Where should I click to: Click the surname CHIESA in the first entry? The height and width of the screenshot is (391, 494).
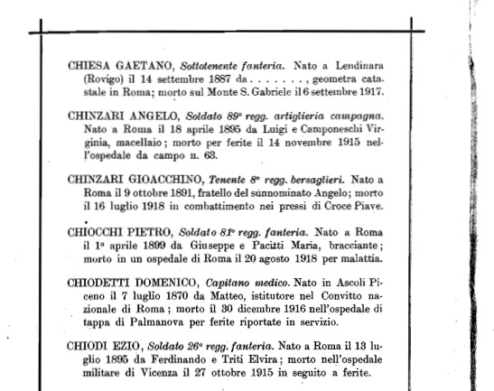point(87,66)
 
